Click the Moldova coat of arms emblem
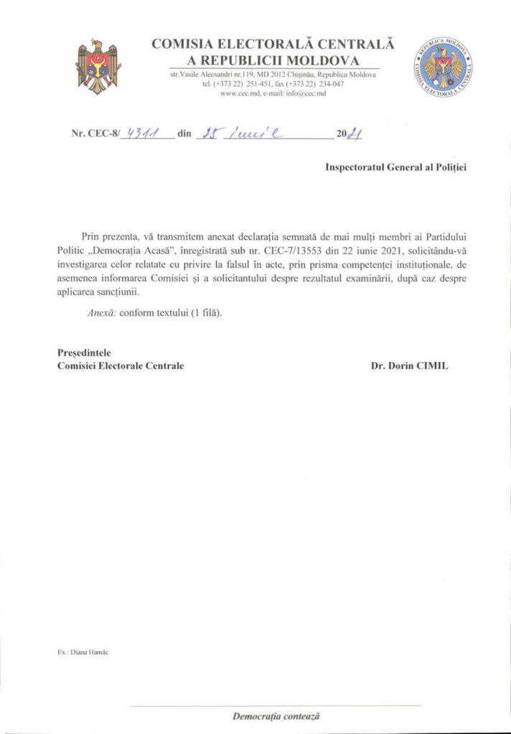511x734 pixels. (99, 67)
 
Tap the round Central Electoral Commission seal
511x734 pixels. (443, 67)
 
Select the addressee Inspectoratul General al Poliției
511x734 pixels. (395, 167)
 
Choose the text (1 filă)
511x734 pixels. (206, 313)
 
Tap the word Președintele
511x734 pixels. (83, 352)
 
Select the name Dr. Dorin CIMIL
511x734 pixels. (410, 366)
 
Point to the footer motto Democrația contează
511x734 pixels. (276, 715)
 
